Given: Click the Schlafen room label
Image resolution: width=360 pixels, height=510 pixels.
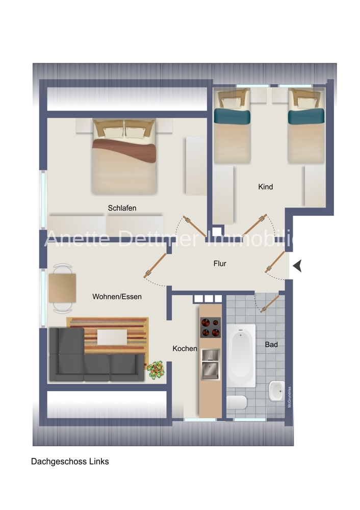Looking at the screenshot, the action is (122, 208).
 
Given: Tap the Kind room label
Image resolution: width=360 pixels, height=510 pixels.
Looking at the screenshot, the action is (265, 187).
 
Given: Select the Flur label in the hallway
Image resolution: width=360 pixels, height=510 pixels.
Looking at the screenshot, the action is (220, 264).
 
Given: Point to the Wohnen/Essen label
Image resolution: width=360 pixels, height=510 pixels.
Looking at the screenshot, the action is (117, 297).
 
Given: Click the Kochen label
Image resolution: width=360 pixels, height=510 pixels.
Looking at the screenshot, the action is (185, 349).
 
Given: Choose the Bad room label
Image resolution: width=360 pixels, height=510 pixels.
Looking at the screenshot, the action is (271, 344).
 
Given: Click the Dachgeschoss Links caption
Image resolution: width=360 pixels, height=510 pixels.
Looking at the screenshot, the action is (70, 462).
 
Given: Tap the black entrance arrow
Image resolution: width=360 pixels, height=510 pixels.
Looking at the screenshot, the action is (297, 266).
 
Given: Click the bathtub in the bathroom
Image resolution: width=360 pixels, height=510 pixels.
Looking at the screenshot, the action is (241, 355).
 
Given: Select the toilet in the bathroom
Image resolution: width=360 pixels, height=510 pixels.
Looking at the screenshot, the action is (237, 403).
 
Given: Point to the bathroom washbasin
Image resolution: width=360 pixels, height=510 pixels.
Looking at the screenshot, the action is (277, 391).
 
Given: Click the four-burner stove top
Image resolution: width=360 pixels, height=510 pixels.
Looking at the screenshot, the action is (210, 327).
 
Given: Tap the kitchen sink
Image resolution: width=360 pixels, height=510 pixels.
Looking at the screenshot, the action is (211, 364).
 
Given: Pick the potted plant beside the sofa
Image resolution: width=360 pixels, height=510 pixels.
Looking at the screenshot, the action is (156, 369).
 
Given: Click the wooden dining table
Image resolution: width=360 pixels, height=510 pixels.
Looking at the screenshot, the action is (62, 288).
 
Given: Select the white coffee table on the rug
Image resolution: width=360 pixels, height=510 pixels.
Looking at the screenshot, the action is (112, 337).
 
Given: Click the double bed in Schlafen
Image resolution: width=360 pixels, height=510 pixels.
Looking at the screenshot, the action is (124, 157).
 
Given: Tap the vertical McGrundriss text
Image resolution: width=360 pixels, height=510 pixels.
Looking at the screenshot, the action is (290, 397).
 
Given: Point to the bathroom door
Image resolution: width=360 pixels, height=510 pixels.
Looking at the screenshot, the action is (270, 304).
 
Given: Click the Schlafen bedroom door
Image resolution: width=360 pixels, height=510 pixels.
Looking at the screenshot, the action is (194, 226).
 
